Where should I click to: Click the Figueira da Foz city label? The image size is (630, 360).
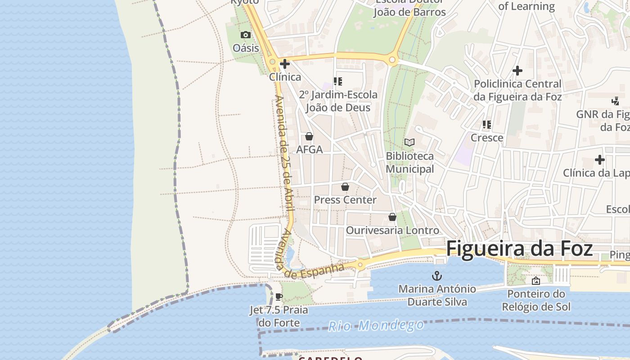coord(519,249)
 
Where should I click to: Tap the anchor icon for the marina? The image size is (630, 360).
coord(436,275)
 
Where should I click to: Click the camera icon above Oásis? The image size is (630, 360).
coord(245,35)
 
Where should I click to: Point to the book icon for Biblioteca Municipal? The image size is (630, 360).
coord(409,143)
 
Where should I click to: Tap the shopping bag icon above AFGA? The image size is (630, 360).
coord(309,136)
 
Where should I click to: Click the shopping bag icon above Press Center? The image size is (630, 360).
coord(345,187)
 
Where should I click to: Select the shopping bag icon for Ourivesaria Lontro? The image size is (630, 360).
coord(392,217)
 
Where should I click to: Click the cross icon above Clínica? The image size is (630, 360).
coord(285,64)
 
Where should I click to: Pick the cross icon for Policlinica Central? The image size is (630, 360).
coord(517,71)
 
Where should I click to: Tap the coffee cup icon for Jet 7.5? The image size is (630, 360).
coord(279,297)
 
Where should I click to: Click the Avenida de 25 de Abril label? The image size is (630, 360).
coord(284,153)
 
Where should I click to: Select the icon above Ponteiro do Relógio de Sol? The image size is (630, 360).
coord(536,281)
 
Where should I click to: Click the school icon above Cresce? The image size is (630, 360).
coord(486,125)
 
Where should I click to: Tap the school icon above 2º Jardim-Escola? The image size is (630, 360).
coord(337,81)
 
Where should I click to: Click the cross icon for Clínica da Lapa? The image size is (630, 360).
coord(599,160)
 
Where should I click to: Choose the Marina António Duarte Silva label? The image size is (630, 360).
coord(437,295)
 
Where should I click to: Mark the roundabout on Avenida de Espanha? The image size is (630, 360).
coord(360,265)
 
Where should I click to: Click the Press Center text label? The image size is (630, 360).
coord(345,200)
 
